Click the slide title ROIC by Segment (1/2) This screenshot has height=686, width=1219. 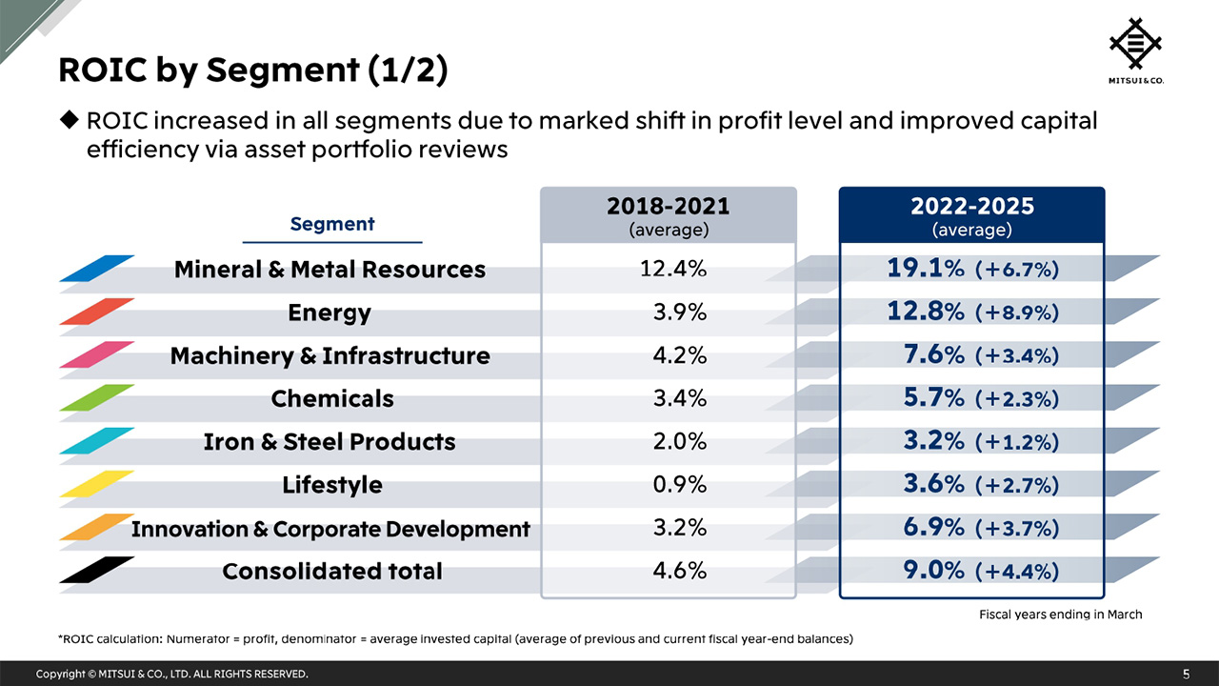252,71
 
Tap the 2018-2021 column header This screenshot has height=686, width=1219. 668,216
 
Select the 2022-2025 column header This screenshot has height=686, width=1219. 971,216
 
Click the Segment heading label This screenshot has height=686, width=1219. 331,224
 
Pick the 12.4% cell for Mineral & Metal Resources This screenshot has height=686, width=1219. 673,269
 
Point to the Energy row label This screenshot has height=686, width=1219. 330,313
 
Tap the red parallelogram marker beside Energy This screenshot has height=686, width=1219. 97,312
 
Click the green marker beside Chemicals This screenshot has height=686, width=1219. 97,397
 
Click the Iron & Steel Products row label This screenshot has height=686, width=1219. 330,442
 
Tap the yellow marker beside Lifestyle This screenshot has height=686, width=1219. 97,483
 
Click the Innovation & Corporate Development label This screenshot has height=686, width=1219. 330,528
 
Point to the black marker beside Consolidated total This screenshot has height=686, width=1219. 97,569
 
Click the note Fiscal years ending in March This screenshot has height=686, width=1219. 1060,615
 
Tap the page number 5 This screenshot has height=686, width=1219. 1186,674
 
